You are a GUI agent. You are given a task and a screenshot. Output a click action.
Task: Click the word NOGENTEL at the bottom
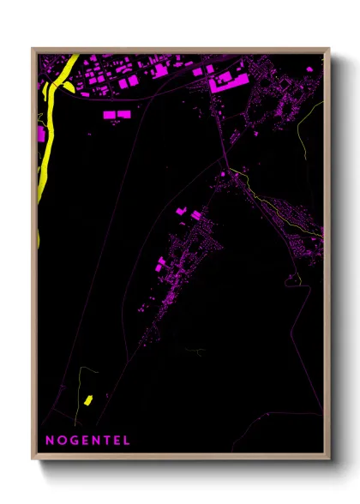[88, 441]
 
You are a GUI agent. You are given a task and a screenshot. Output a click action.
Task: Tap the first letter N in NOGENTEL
[50, 441]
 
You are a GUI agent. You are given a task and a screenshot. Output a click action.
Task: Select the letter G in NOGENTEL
[72, 441]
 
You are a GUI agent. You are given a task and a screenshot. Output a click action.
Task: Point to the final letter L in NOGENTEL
[127, 441]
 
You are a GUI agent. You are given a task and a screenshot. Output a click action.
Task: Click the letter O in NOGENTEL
[60, 441]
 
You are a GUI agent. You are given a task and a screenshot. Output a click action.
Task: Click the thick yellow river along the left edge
[46, 146]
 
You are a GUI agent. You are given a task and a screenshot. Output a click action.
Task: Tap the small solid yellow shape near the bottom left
[87, 399]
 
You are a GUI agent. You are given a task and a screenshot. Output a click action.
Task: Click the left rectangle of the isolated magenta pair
[110, 113]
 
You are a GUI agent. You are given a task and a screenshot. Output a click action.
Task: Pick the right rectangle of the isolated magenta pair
[123, 113]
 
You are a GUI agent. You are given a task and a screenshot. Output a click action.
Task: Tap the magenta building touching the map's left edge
[40, 135]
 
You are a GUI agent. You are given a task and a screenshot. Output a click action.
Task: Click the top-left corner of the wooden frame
[33, 49]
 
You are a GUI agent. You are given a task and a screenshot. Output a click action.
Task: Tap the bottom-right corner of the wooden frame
[329, 459]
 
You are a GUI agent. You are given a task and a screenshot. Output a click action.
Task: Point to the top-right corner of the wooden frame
[329, 49]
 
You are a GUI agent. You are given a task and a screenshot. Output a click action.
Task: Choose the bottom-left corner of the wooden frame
[33, 459]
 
